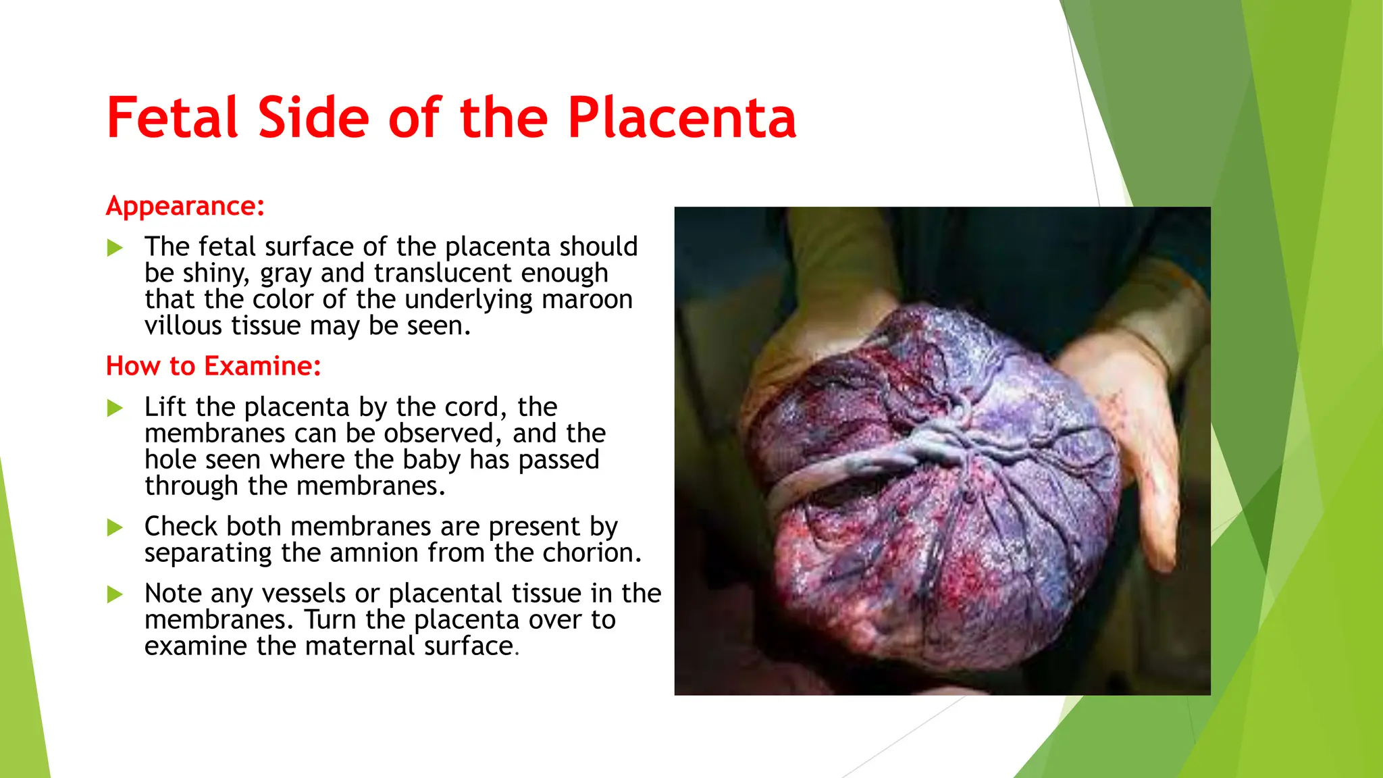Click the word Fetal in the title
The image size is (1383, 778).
(x=172, y=118)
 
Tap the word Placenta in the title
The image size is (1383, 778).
(x=682, y=118)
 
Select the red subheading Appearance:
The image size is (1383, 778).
(x=185, y=206)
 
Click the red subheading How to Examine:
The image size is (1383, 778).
(x=213, y=366)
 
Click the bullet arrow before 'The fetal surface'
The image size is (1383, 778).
(x=115, y=248)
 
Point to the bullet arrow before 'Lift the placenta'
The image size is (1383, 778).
(x=115, y=408)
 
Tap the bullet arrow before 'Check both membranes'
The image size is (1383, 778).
(x=115, y=527)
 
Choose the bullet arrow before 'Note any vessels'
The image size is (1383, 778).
(x=115, y=594)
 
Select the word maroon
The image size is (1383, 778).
(x=587, y=299)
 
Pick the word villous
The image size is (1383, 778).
(x=183, y=326)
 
